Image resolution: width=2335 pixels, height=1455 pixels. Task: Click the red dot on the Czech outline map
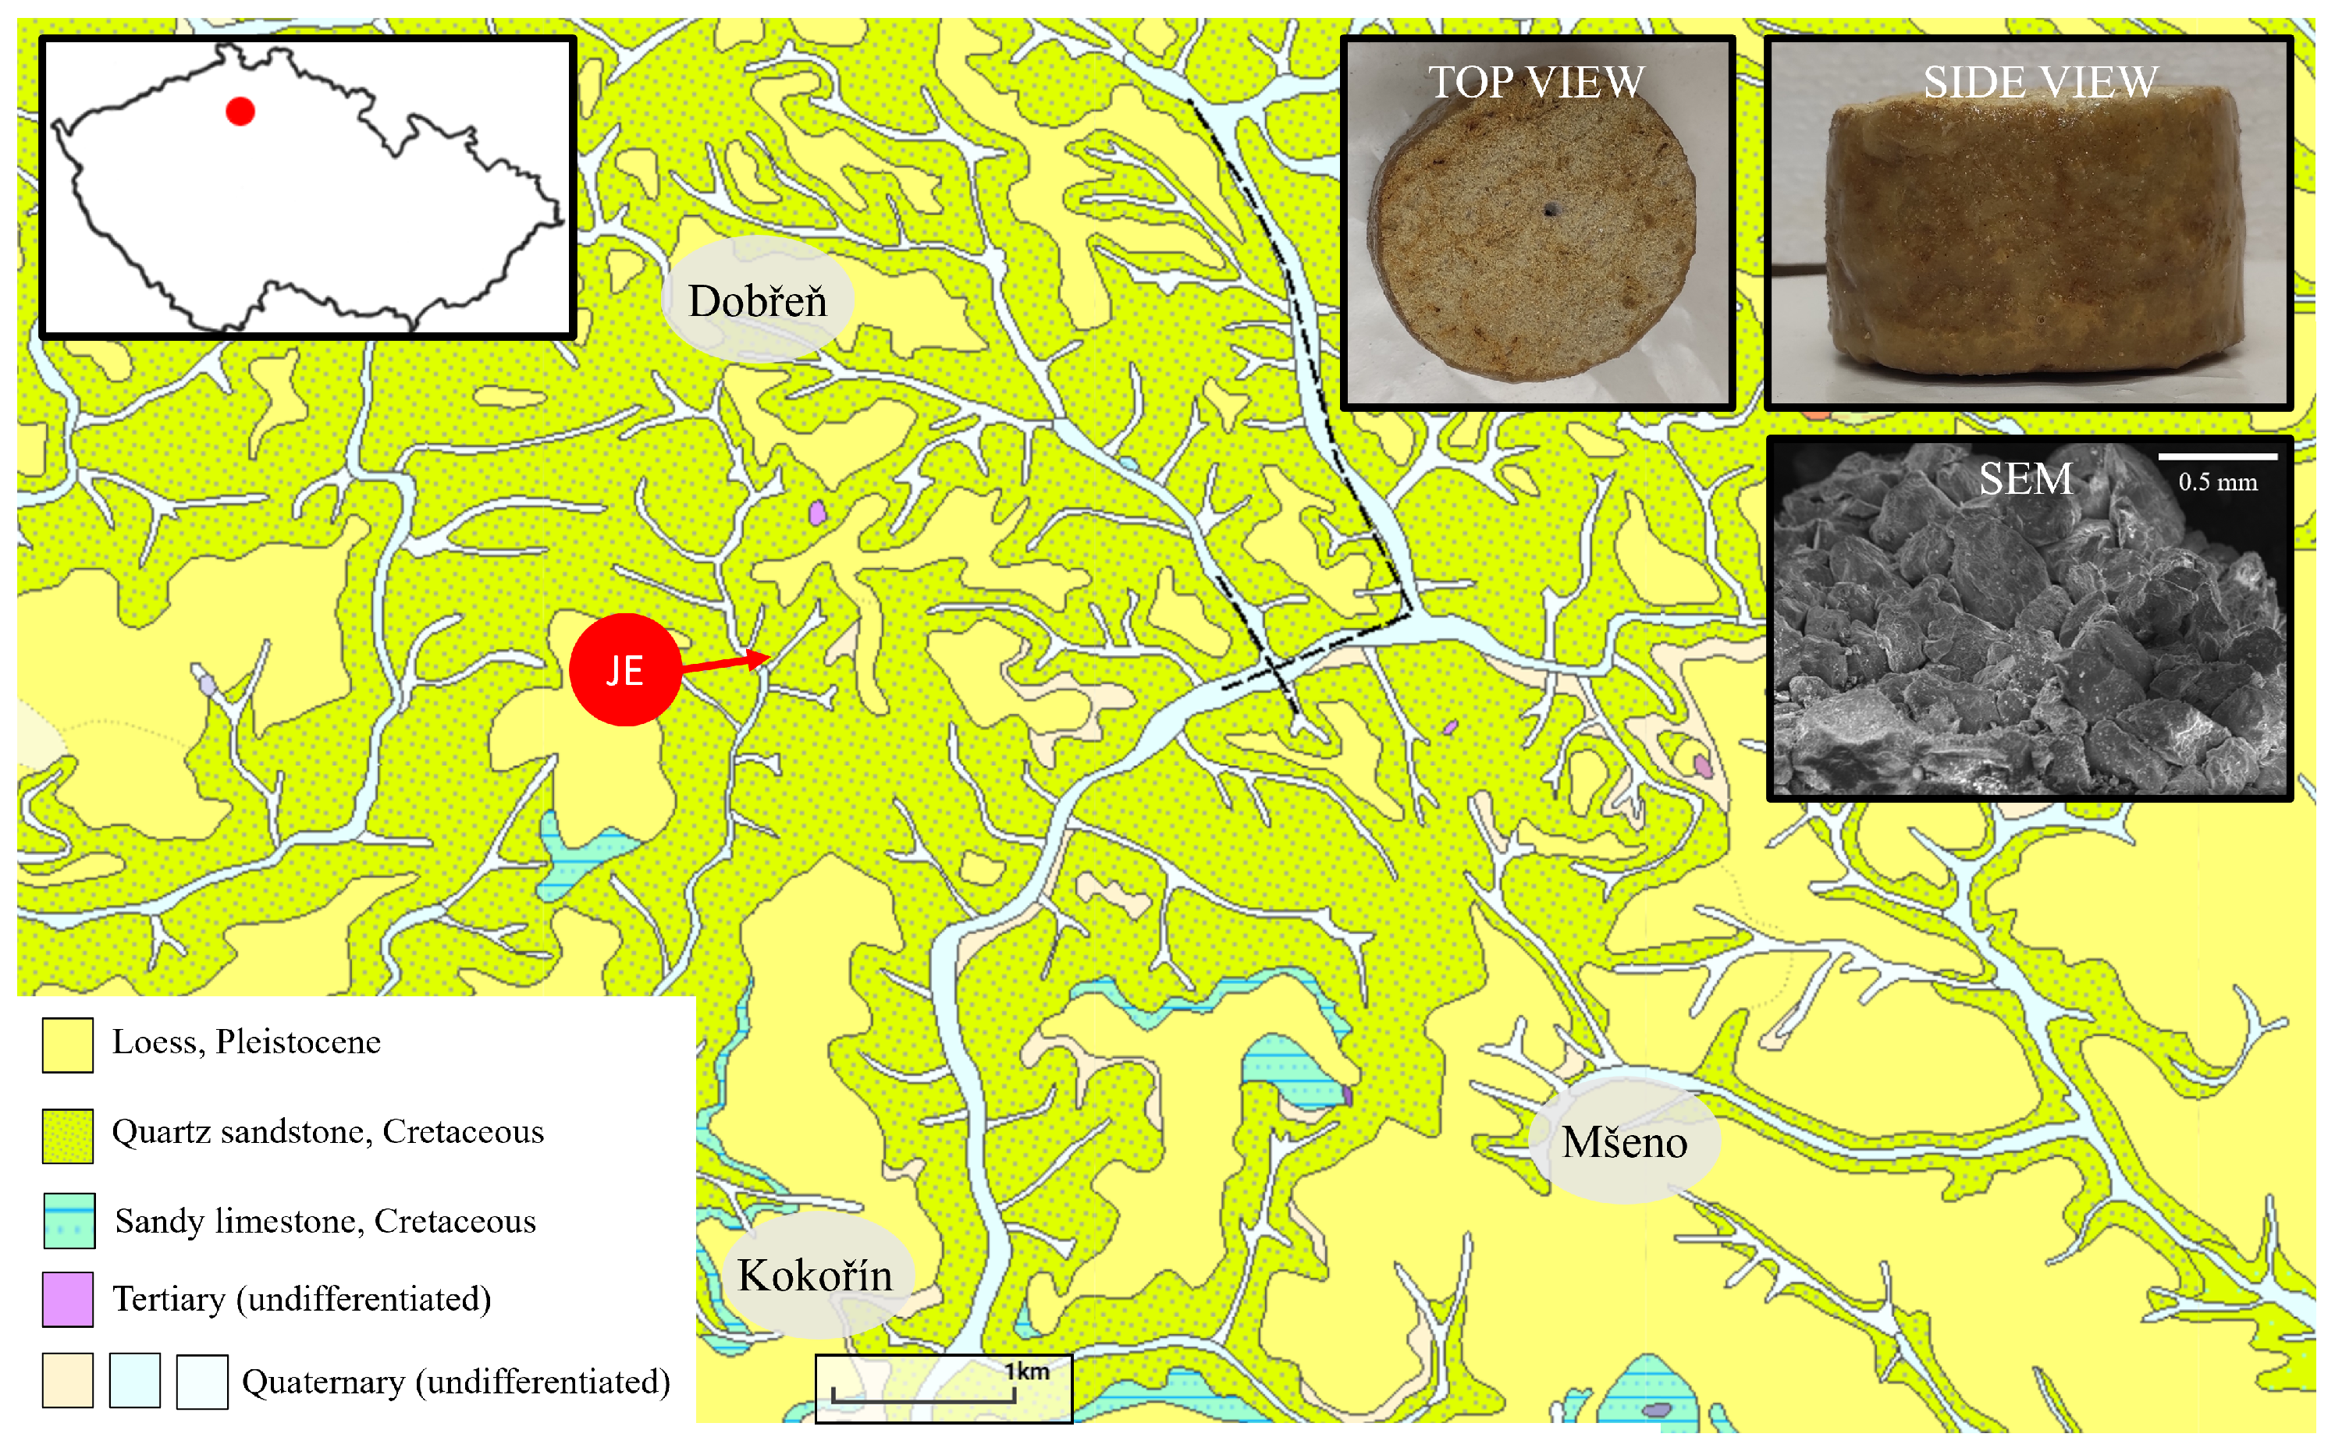point(240,112)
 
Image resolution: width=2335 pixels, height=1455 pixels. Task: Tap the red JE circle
point(624,669)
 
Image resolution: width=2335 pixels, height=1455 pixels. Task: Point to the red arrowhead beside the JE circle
point(760,659)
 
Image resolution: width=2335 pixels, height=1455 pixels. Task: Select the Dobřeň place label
point(758,301)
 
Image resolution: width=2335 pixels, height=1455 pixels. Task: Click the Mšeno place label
point(1624,1142)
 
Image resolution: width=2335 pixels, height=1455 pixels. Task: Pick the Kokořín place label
point(816,1275)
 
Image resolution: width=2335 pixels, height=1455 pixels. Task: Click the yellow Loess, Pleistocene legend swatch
point(67,1045)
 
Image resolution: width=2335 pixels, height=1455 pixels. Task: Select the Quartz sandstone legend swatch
point(67,1135)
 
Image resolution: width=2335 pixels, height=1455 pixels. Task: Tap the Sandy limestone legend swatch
point(69,1220)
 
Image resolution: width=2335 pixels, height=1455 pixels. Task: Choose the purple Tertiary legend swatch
point(67,1299)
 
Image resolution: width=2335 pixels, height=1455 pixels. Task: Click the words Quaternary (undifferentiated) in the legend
point(455,1382)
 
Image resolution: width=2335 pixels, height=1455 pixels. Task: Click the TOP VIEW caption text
point(1536,83)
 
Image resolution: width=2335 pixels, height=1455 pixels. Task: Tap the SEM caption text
point(2025,479)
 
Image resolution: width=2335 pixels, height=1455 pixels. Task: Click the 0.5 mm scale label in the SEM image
point(2218,482)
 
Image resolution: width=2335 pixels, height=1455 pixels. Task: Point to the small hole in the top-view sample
point(1550,209)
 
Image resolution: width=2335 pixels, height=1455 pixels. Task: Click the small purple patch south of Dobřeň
point(817,512)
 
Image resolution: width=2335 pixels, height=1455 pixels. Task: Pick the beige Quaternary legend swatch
point(67,1381)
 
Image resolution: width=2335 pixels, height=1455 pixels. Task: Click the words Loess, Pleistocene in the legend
point(247,1042)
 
